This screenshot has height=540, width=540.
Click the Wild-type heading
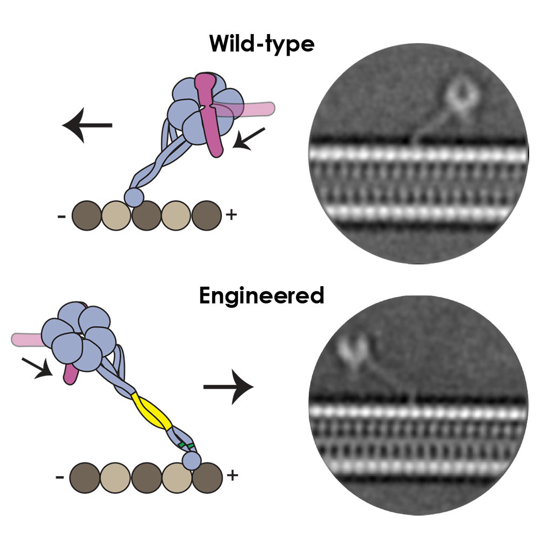click(262, 44)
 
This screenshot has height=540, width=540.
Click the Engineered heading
click(261, 295)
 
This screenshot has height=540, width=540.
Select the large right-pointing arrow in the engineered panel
click(228, 387)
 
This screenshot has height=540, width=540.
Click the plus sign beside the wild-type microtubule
click(231, 215)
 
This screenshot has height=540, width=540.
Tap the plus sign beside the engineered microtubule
click(233, 476)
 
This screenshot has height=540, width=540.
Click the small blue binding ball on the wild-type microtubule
click(134, 197)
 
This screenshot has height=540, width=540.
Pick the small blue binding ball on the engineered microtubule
click(192, 461)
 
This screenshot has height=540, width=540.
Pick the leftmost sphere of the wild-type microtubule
click(87, 215)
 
